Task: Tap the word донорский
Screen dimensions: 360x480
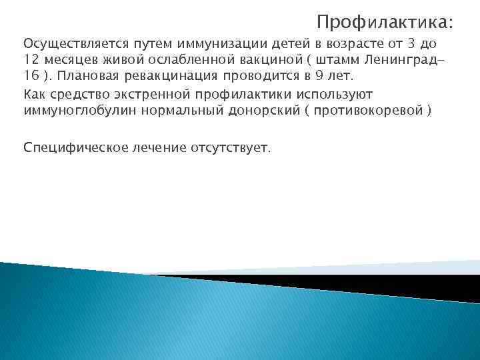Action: click(255, 110)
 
